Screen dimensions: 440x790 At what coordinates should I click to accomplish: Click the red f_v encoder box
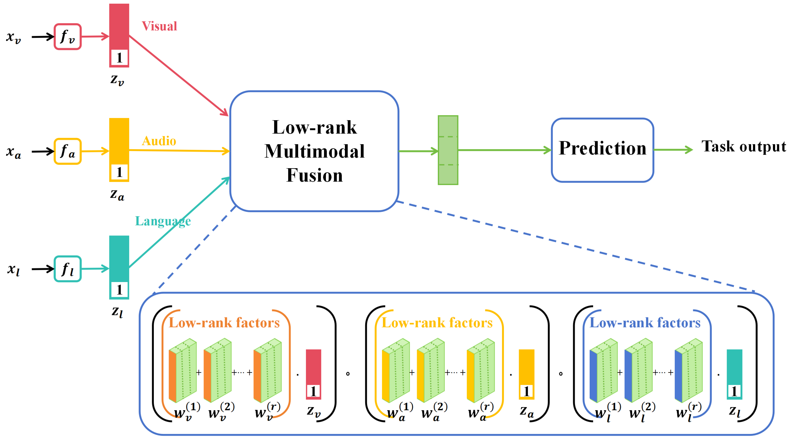click(68, 37)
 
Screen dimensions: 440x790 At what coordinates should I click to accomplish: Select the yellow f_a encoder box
click(68, 151)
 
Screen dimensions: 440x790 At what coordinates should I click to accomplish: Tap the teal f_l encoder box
click(68, 269)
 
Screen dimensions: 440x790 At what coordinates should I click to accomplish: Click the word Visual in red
click(159, 26)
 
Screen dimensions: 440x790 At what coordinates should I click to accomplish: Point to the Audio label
click(159, 141)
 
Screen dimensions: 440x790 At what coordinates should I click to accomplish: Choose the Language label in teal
click(163, 221)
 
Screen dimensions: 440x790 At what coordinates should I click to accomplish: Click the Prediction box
click(602, 150)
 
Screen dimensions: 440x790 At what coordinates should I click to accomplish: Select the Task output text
click(743, 147)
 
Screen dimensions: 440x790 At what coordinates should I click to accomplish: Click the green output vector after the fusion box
click(448, 150)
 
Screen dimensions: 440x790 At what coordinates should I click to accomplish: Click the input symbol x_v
click(13, 37)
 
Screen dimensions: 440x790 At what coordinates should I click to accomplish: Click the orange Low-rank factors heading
click(224, 323)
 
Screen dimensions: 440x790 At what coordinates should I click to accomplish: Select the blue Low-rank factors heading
click(645, 323)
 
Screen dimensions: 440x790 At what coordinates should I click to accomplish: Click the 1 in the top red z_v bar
click(119, 57)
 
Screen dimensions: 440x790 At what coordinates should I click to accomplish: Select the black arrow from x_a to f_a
click(43, 151)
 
